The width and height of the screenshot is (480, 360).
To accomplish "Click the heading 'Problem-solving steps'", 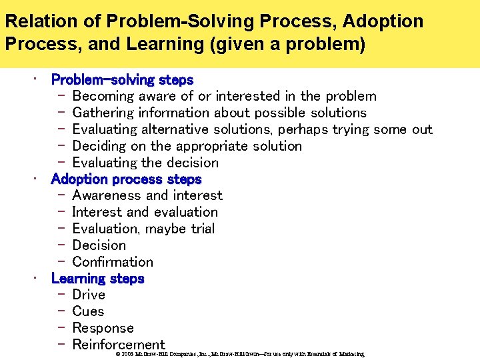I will [122, 80].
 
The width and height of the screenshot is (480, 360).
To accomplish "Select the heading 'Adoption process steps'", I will [126, 179].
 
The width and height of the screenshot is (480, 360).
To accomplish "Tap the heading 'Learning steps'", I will [97, 279].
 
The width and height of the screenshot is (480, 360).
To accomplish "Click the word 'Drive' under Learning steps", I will [89, 295].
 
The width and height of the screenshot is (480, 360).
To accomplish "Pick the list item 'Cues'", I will [88, 312].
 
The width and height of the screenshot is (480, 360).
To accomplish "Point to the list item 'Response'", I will [103, 328].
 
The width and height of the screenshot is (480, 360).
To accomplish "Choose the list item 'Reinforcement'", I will [118, 345].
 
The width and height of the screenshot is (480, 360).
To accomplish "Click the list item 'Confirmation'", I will [112, 262].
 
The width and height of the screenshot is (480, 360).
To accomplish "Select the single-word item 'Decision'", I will [99, 245].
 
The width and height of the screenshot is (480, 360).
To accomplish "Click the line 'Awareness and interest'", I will [147, 196].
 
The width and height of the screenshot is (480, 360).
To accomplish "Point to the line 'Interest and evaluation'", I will [145, 213].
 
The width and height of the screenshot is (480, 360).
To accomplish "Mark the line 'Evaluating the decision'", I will [145, 163].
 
